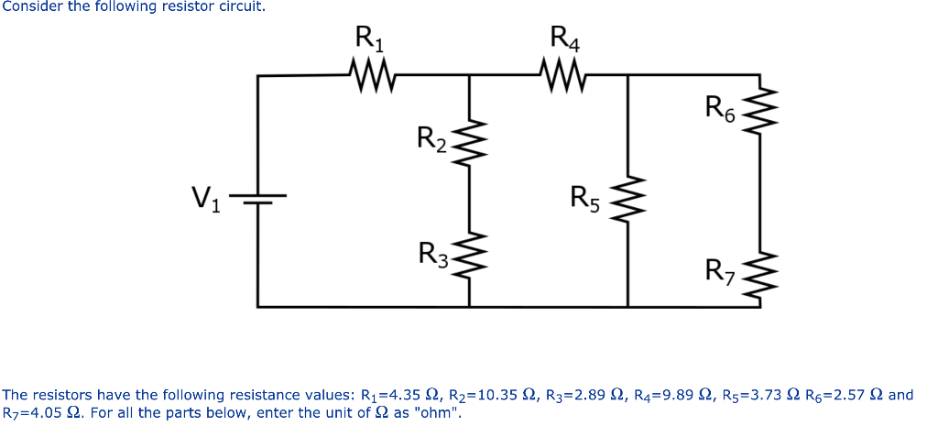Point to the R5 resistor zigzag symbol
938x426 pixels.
click(627, 201)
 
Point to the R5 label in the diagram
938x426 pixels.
click(584, 198)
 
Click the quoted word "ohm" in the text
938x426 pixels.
click(436, 412)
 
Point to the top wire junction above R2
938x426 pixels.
click(470, 77)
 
